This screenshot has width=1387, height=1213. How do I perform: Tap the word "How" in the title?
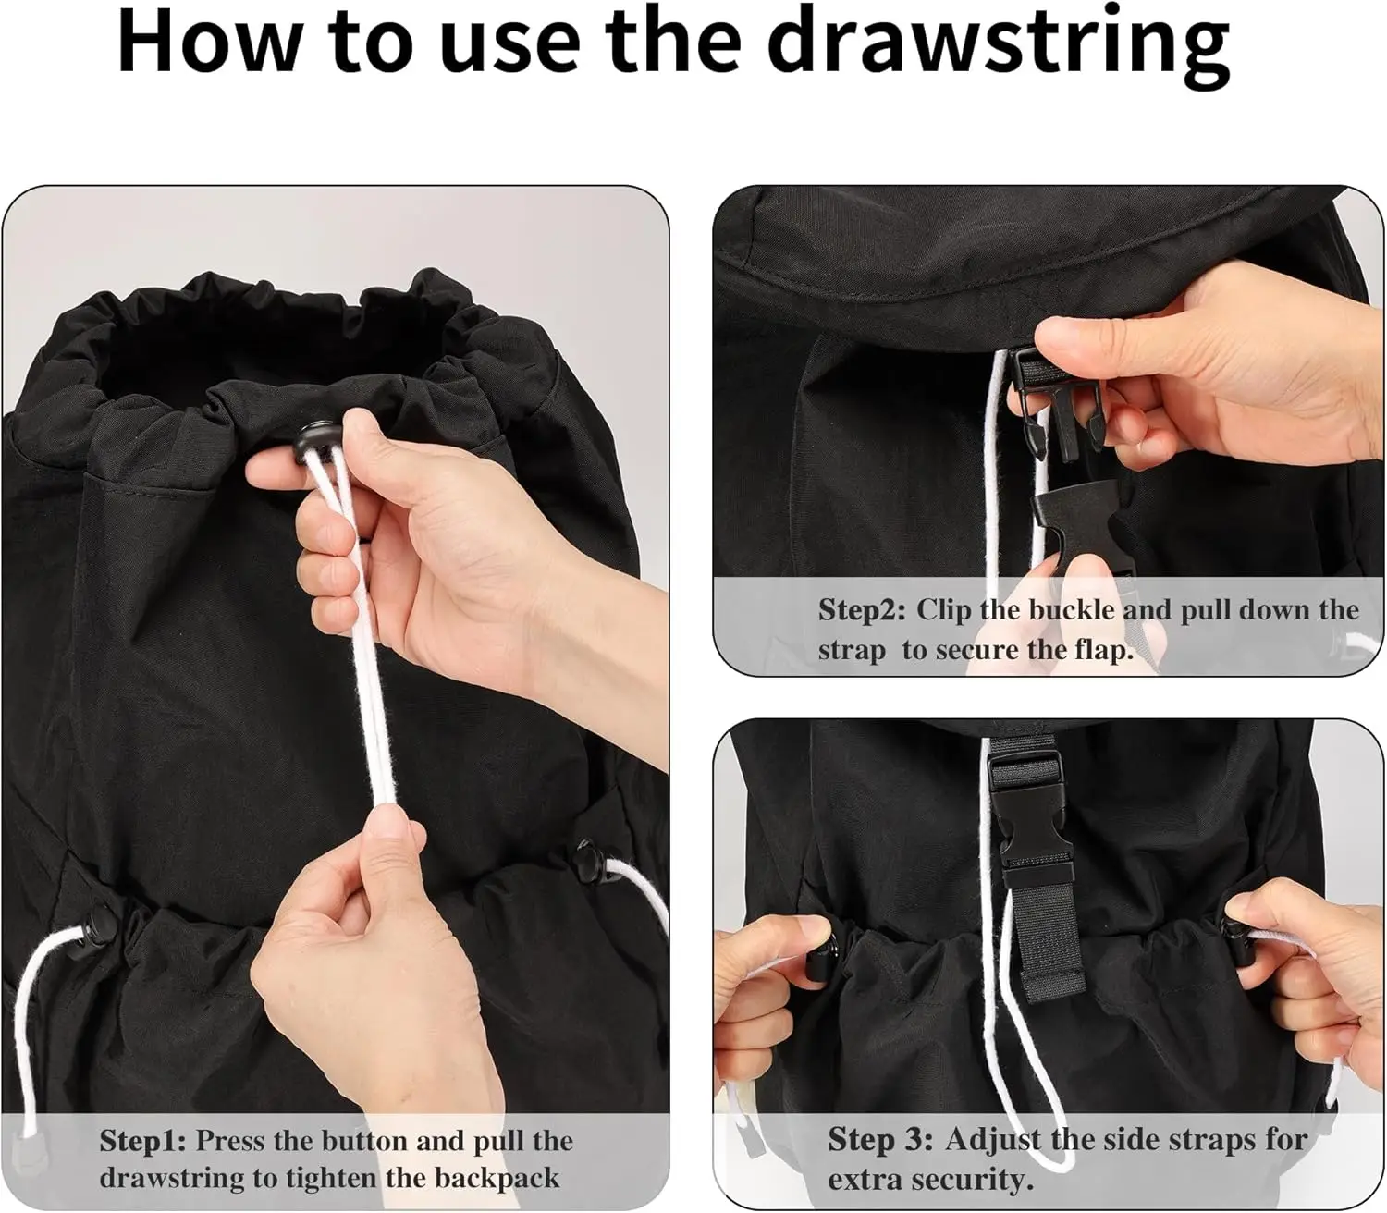click(208, 41)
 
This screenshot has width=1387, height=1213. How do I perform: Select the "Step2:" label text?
click(862, 610)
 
